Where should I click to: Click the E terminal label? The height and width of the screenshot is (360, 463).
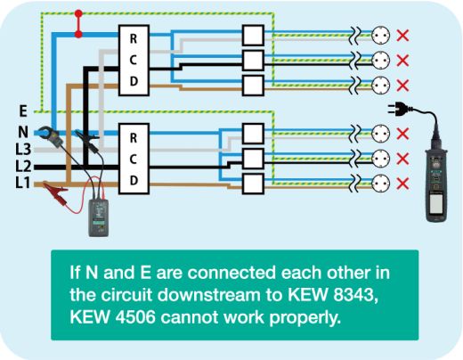point(23,111)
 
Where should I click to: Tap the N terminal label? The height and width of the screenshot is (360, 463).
point(23,132)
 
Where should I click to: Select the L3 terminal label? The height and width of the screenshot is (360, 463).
point(23,149)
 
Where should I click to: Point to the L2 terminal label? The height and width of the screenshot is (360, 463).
point(23,166)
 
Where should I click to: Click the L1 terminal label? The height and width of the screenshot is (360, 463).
point(22,183)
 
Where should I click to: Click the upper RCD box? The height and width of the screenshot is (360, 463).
point(134,61)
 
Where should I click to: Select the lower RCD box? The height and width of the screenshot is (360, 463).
point(134,159)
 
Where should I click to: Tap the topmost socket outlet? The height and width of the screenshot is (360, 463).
point(380,36)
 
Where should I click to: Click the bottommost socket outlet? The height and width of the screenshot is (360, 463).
point(380,184)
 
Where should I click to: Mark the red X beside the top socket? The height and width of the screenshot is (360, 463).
point(402,36)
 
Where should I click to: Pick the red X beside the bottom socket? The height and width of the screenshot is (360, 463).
point(402,184)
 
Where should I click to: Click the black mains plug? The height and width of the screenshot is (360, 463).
point(399,109)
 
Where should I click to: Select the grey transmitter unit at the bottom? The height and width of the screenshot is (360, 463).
point(99,217)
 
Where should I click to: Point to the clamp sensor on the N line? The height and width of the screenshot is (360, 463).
point(51,135)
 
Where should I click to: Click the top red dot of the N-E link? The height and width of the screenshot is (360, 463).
point(78,13)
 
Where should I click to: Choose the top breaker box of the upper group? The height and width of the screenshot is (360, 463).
point(253,36)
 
